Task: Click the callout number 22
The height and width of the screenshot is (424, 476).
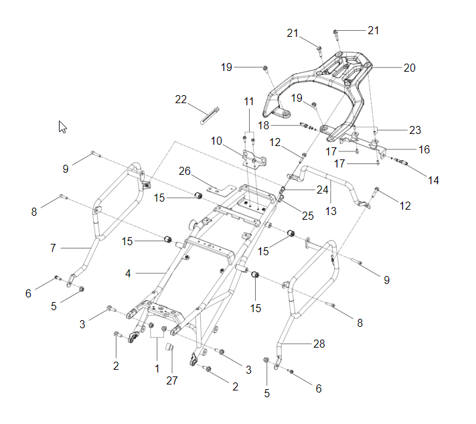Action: pyautogui.click(x=181, y=99)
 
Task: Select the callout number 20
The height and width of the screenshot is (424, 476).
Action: pyautogui.click(x=409, y=68)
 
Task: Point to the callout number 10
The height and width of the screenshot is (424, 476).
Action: pyautogui.click(x=216, y=141)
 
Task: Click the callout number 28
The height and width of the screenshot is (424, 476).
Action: pyautogui.click(x=319, y=344)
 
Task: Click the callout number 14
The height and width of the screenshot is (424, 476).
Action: pyautogui.click(x=434, y=181)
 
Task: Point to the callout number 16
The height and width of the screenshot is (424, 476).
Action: pyautogui.click(x=424, y=149)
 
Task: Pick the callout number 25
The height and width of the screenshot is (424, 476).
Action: pyautogui.click(x=307, y=216)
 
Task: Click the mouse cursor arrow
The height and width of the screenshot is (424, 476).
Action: pyautogui.click(x=63, y=127)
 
